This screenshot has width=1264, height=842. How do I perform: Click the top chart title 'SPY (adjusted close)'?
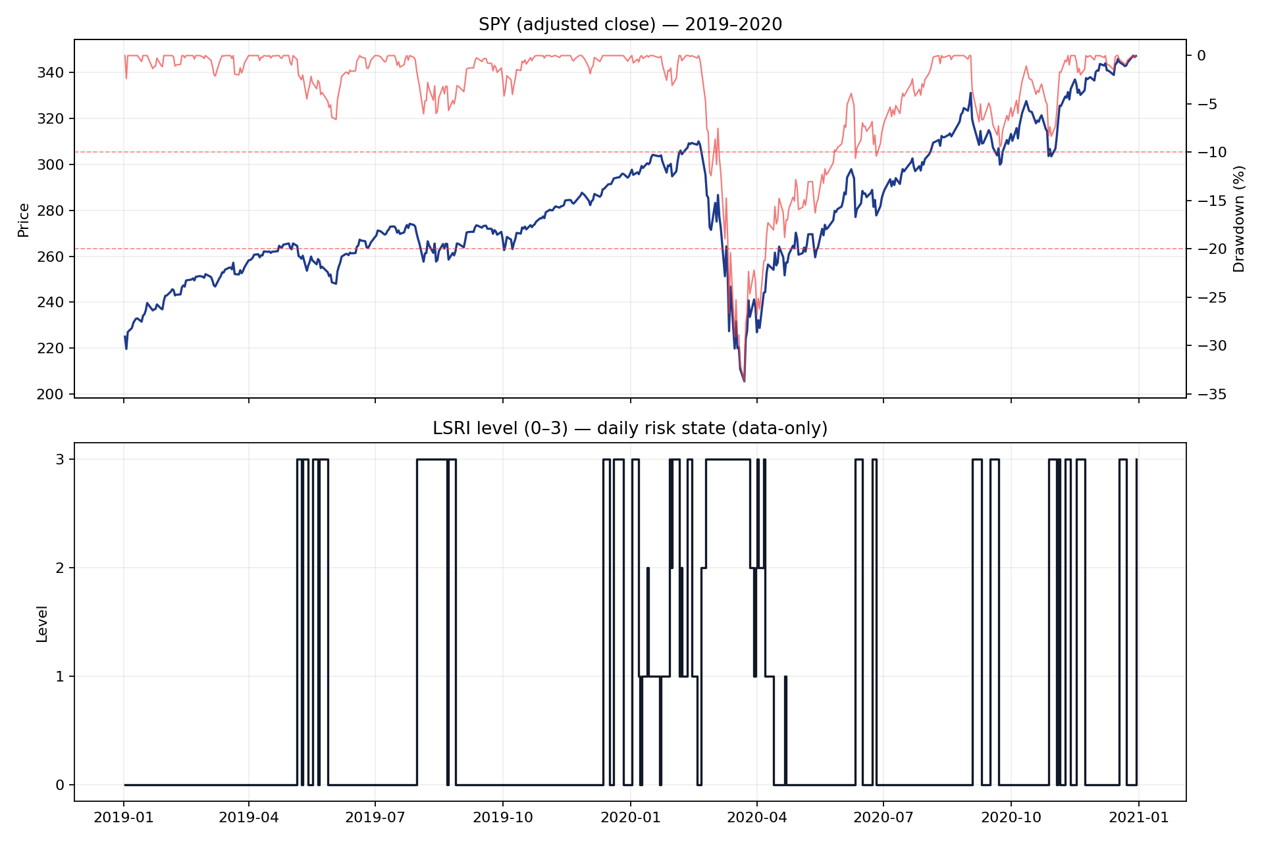630,25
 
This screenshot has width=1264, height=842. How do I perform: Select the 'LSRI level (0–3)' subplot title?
630,429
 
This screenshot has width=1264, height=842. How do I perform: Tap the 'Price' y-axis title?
24,220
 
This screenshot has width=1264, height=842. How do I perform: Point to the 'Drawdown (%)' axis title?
1240,219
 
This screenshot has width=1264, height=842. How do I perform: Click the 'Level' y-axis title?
42,624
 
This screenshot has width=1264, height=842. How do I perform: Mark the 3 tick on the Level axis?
61,459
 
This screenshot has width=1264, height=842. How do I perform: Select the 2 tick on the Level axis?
61,568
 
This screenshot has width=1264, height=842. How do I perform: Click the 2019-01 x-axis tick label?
124,818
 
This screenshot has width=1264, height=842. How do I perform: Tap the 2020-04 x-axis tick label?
757,818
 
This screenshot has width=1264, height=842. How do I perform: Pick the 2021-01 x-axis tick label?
1139,818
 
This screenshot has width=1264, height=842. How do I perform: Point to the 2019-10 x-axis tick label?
503,818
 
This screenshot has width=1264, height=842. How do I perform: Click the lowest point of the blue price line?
744,381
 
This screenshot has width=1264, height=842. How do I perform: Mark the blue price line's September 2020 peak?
970,93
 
